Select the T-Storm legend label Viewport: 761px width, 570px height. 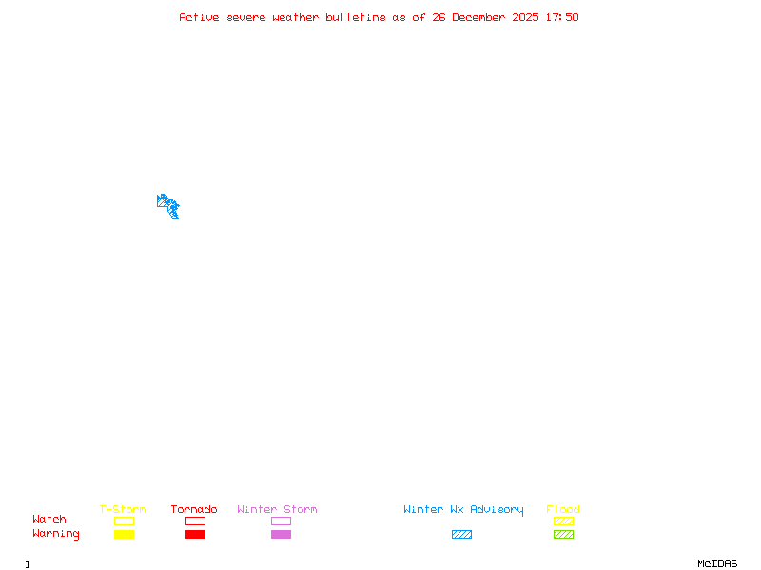(x=123, y=510)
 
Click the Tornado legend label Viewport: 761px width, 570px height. (x=194, y=510)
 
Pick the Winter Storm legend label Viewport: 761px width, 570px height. (x=277, y=510)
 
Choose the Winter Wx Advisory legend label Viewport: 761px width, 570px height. (x=463, y=510)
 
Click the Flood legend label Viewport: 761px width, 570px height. (x=563, y=510)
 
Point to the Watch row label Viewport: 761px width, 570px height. (x=49, y=520)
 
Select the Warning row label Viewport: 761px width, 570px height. (x=56, y=534)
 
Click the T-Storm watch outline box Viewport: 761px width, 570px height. (x=124, y=521)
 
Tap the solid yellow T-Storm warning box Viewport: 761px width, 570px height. (x=124, y=534)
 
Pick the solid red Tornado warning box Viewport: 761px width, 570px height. (x=195, y=534)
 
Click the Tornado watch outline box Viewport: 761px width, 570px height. (x=195, y=521)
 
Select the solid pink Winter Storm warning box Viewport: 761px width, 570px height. (x=281, y=534)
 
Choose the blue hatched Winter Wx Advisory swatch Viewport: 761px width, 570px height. (x=461, y=534)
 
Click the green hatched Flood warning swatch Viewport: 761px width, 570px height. (x=563, y=534)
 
